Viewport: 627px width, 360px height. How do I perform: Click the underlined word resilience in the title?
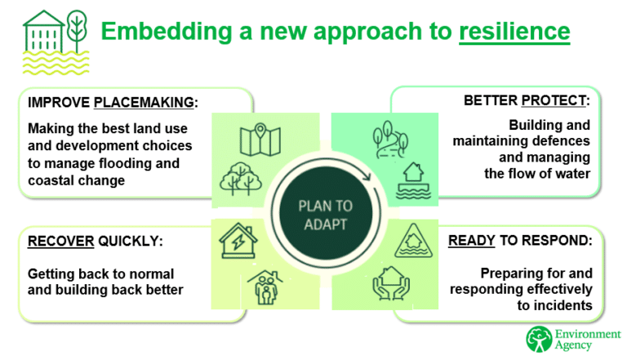(514, 32)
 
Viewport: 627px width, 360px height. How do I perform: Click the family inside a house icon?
(266, 287)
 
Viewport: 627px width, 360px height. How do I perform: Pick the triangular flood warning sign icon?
(411, 242)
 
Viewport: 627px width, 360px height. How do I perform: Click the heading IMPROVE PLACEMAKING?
(113, 103)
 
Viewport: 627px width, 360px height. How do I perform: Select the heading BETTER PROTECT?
(526, 101)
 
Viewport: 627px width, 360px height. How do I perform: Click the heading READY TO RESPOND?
(519, 241)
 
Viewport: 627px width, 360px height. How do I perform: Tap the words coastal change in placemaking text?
(77, 180)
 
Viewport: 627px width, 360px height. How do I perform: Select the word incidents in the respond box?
(563, 305)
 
